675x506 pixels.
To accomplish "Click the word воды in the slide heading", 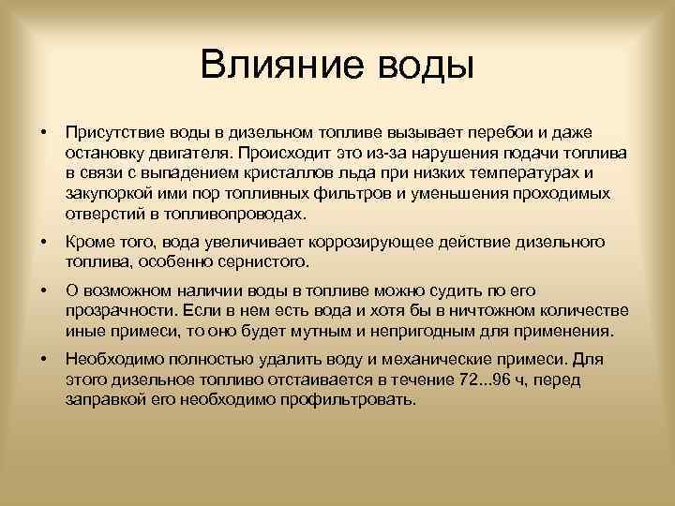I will [x=426, y=67].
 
